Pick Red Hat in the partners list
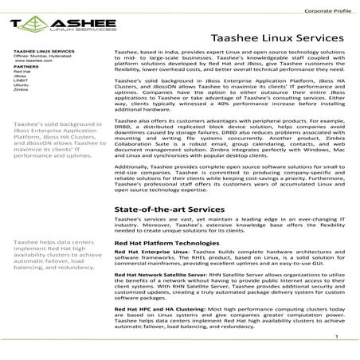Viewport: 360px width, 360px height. [x=22, y=72]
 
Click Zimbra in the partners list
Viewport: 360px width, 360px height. [x=22, y=91]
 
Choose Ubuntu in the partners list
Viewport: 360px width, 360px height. [x=22, y=86]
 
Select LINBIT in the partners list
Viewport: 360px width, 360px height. [x=22, y=81]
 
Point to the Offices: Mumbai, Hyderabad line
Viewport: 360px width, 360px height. [x=42, y=55]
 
